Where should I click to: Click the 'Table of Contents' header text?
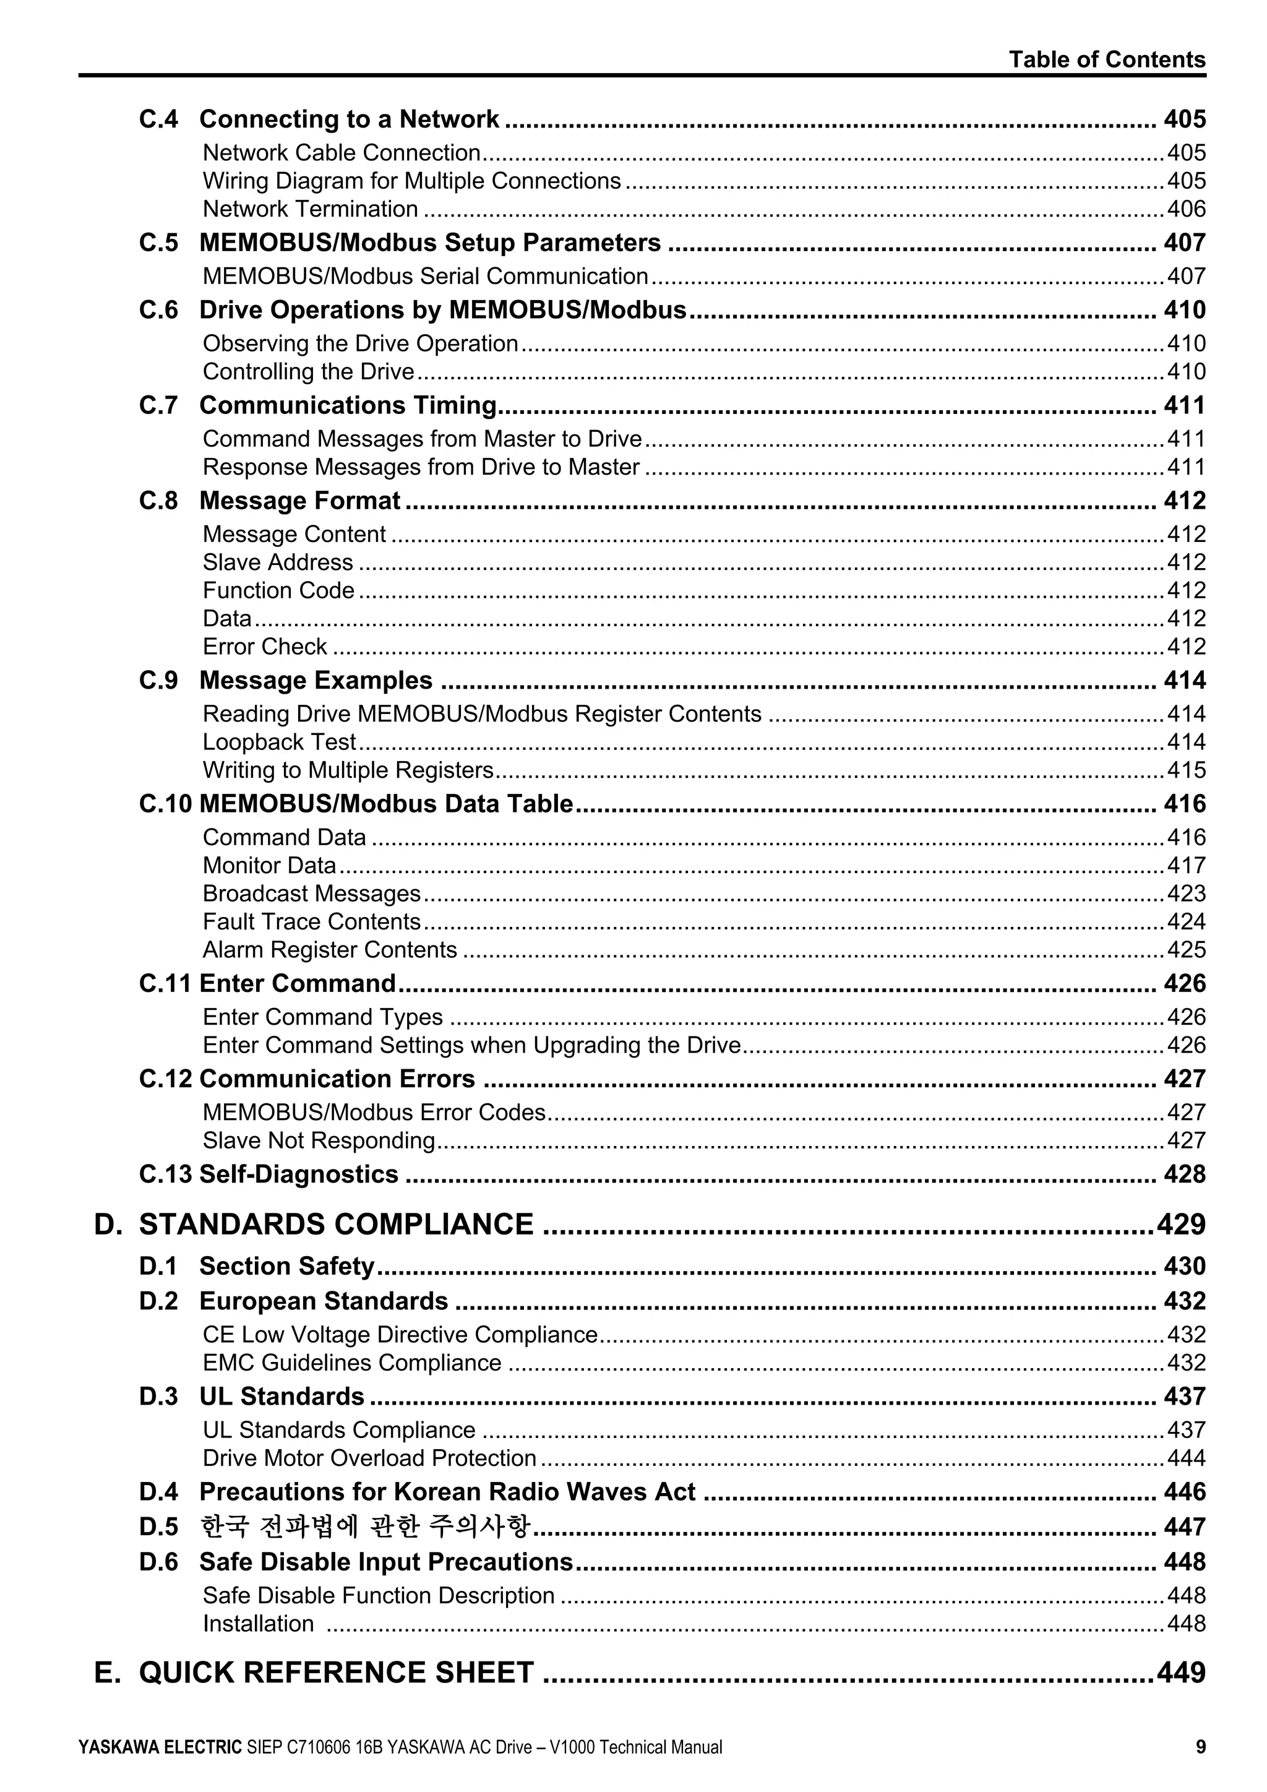tap(1106, 59)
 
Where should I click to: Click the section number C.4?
tap(158, 119)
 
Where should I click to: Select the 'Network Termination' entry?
tap(310, 209)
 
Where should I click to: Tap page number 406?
tap(1186, 209)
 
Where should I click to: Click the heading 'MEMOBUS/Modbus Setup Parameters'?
tap(430, 243)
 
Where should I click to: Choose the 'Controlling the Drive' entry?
tap(308, 371)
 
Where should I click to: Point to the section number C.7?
tap(158, 406)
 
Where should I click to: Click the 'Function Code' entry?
tap(278, 591)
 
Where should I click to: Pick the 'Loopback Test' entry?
tap(278, 743)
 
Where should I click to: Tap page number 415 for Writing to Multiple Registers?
tap(1186, 770)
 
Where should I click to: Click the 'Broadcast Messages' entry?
tap(311, 894)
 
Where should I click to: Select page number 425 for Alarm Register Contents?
tap(1186, 950)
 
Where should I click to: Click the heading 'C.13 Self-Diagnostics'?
tap(268, 1174)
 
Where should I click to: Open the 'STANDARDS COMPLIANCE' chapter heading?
tap(337, 1225)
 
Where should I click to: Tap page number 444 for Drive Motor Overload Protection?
tap(1186, 1458)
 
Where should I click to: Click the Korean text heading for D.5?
tap(365, 1527)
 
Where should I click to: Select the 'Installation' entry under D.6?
tap(258, 1624)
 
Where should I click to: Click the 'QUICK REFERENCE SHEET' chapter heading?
tap(337, 1673)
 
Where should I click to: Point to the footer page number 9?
tap(1200, 1747)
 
